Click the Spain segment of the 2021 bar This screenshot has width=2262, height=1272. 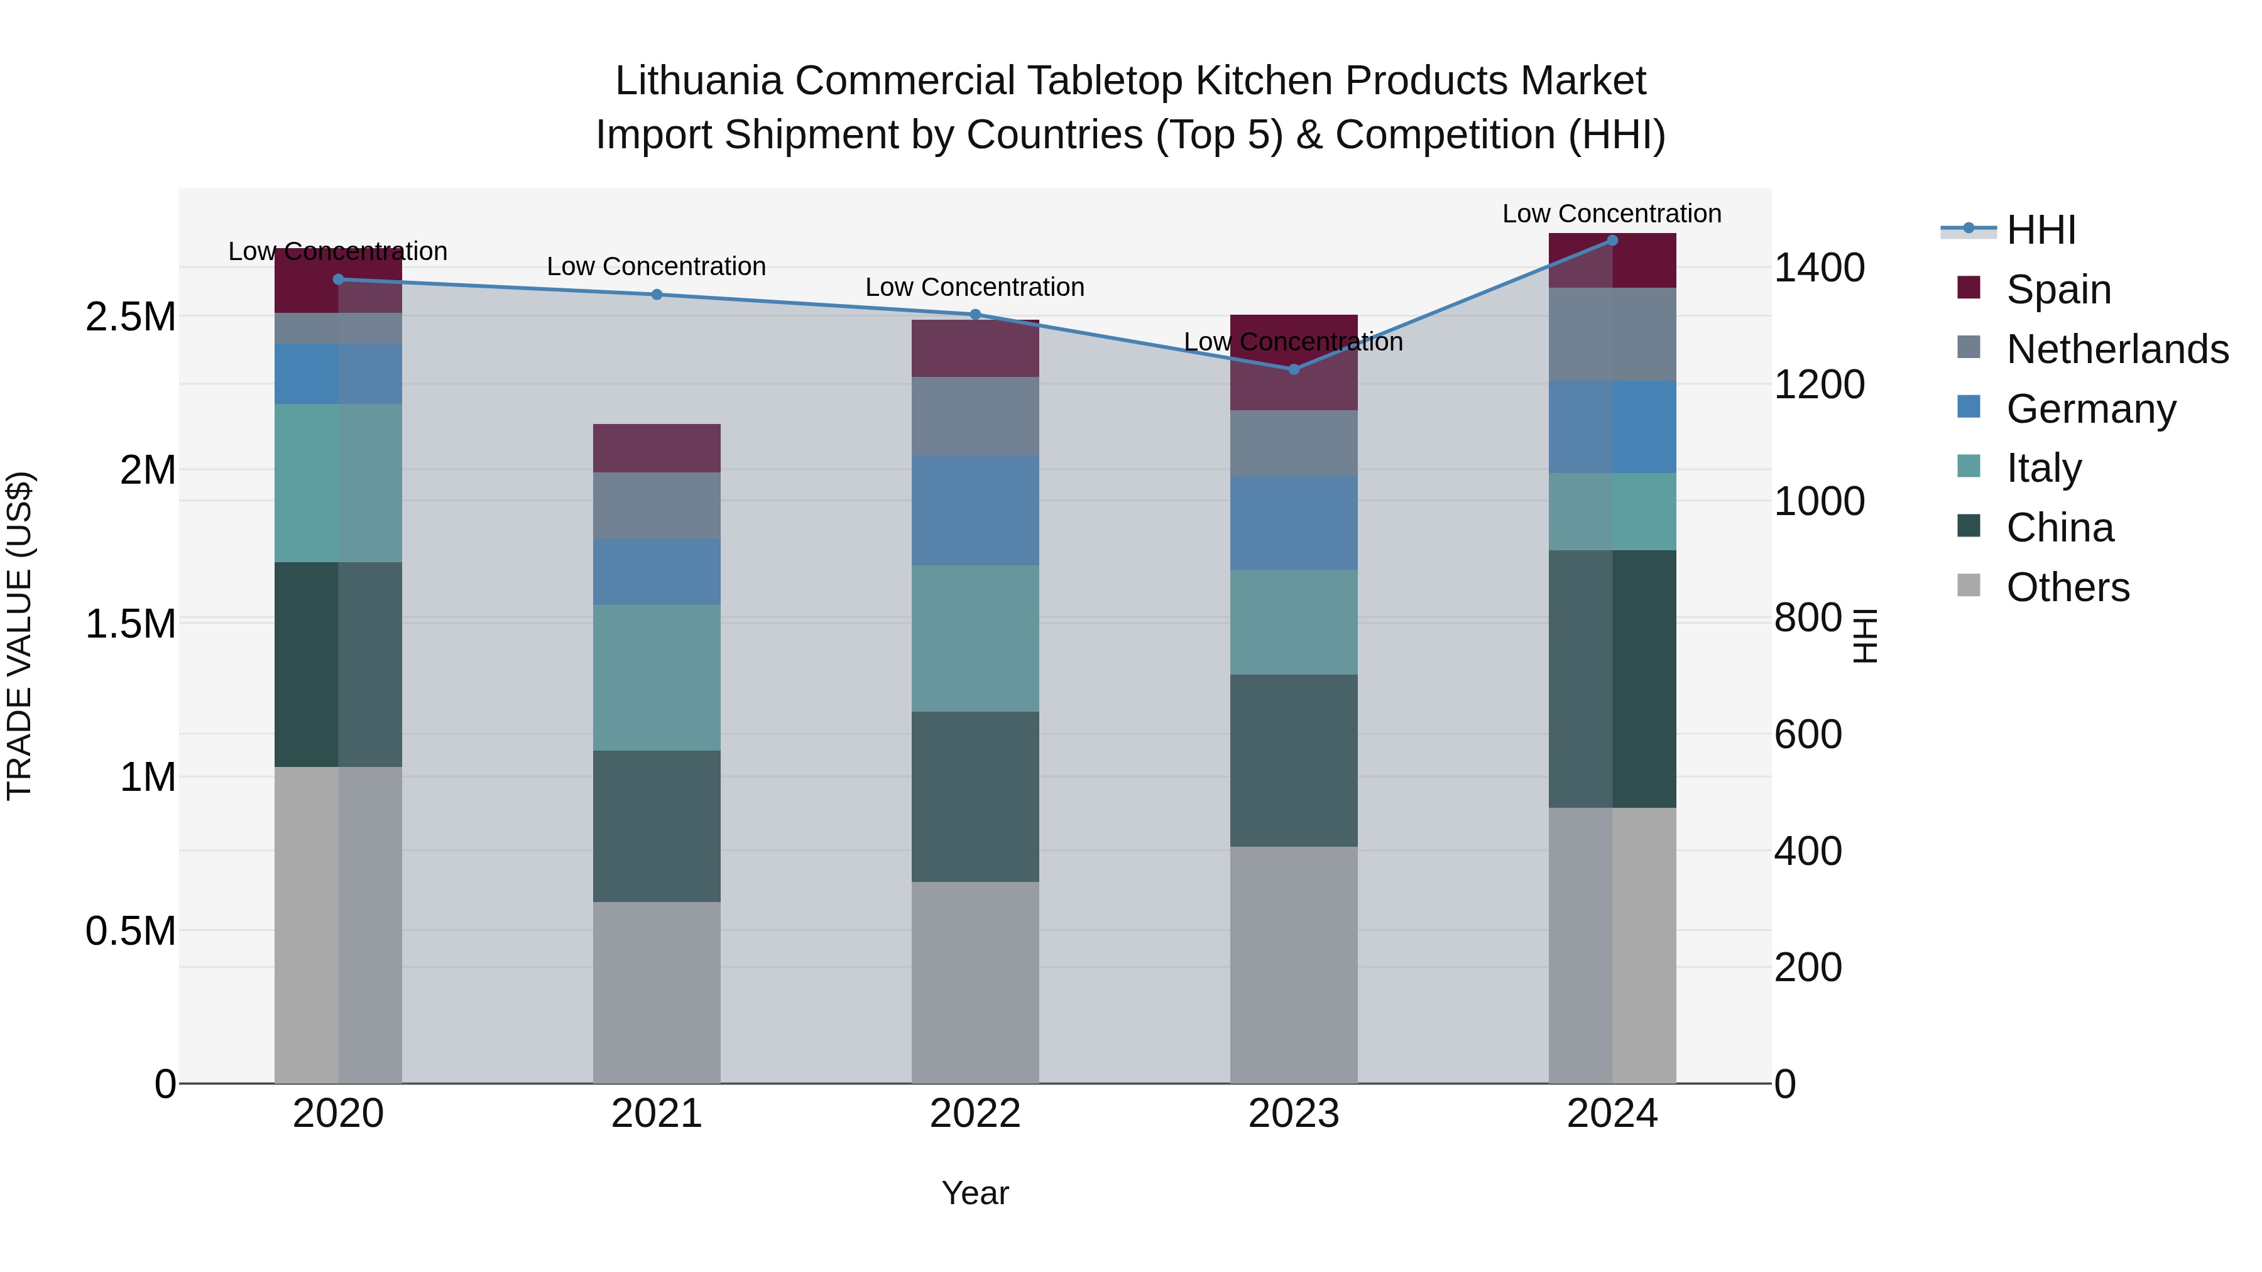pyautogui.click(x=657, y=448)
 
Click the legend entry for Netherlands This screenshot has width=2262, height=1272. pyautogui.click(x=2116, y=349)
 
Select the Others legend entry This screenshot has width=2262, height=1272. pyautogui.click(x=2067, y=587)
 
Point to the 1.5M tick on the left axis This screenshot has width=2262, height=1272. pyautogui.click(x=130, y=624)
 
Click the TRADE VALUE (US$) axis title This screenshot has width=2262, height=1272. pyautogui.click(x=19, y=636)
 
